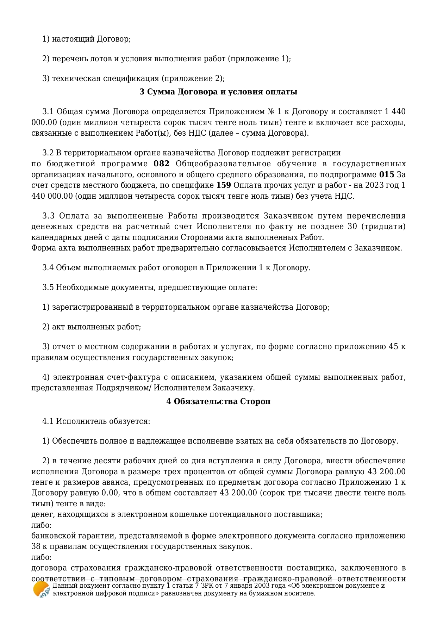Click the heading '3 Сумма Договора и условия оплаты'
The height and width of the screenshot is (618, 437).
pyautogui.click(x=218, y=92)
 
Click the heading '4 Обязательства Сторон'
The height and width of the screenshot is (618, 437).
pyautogui.click(x=218, y=402)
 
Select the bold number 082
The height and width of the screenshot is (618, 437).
pyautogui.click(x=162, y=164)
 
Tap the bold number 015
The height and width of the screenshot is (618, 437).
pyautogui.click(x=387, y=175)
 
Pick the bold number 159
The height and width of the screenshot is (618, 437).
pyautogui.click(x=224, y=185)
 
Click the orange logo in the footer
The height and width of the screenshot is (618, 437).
pyautogui.click(x=41, y=589)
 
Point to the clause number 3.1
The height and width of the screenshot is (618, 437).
pyautogui.click(x=48, y=112)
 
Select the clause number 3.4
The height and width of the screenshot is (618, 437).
pyautogui.click(x=48, y=267)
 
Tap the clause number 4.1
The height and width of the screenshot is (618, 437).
pyautogui.click(x=48, y=421)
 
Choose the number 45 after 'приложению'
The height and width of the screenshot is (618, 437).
pyautogui.click(x=393, y=347)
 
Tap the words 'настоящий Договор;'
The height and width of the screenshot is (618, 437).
pyautogui.click(x=91, y=39)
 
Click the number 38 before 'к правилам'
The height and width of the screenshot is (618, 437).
pyautogui.click(x=36, y=547)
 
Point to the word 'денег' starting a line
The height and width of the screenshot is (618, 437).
pyautogui.click(x=42, y=514)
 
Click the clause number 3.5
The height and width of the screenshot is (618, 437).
pyautogui.click(x=48, y=287)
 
